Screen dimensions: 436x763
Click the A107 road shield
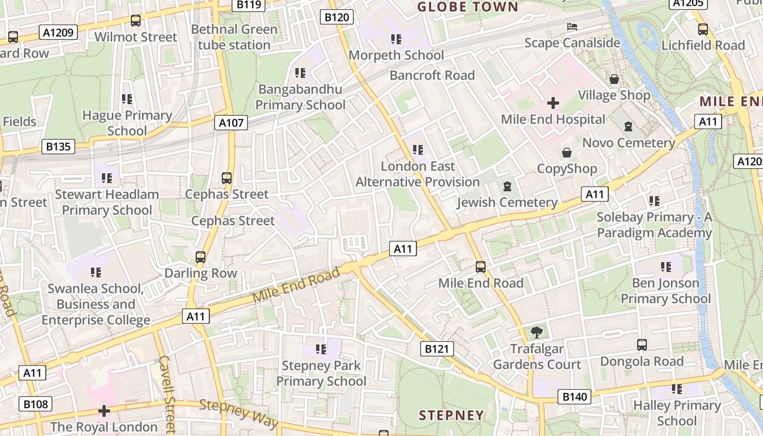click(x=231, y=123)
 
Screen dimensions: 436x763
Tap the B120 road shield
click(x=336, y=17)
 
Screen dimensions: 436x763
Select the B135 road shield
click(x=58, y=147)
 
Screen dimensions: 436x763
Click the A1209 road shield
click(x=59, y=33)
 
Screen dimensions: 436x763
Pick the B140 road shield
click(x=574, y=397)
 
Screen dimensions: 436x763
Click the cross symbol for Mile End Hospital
click(x=553, y=103)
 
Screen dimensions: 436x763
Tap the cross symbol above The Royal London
click(x=104, y=410)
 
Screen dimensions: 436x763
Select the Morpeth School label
click(x=396, y=55)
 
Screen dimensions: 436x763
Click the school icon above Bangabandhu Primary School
click(x=300, y=72)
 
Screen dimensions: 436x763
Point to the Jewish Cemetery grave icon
click(x=507, y=186)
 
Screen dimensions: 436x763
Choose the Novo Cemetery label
click(x=629, y=143)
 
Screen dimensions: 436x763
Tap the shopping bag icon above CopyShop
click(x=567, y=153)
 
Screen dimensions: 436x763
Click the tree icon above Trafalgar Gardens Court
click(x=537, y=332)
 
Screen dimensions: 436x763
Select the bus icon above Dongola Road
click(x=642, y=345)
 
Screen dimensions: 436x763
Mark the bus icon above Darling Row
click(x=201, y=257)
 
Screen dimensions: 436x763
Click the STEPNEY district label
click(x=451, y=415)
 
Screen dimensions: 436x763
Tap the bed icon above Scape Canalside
click(x=572, y=26)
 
